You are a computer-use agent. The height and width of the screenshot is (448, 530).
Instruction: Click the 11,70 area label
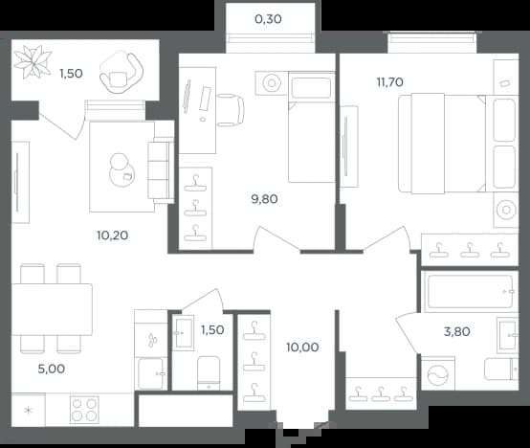(389, 82)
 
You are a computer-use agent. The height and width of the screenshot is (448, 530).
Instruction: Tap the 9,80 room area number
(264, 199)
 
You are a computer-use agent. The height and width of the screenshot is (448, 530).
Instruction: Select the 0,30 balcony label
(268, 19)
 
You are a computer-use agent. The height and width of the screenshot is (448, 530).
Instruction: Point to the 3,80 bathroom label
(456, 331)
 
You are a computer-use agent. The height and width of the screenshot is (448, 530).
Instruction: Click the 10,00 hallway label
(302, 347)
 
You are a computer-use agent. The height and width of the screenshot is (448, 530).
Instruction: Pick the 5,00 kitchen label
(52, 369)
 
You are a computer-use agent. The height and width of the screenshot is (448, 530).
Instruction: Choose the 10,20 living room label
(112, 235)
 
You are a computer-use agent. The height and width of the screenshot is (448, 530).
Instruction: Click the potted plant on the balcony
(33, 62)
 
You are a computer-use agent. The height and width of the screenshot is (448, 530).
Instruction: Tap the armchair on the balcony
(121, 73)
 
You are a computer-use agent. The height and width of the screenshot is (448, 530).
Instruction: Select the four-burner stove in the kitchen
(84, 410)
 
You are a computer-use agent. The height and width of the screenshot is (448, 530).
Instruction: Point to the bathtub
(469, 292)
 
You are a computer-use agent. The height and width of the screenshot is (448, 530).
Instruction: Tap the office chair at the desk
(231, 110)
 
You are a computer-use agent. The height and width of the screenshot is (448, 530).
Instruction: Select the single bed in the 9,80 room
(311, 126)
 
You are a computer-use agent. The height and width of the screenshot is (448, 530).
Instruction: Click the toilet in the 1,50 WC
(209, 373)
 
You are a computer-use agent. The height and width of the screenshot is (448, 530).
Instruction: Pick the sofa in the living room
(161, 170)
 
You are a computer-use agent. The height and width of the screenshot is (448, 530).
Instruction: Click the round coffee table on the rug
(121, 170)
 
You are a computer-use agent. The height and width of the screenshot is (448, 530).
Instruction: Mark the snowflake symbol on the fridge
(29, 411)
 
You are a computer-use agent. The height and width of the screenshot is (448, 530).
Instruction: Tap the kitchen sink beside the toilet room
(151, 373)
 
